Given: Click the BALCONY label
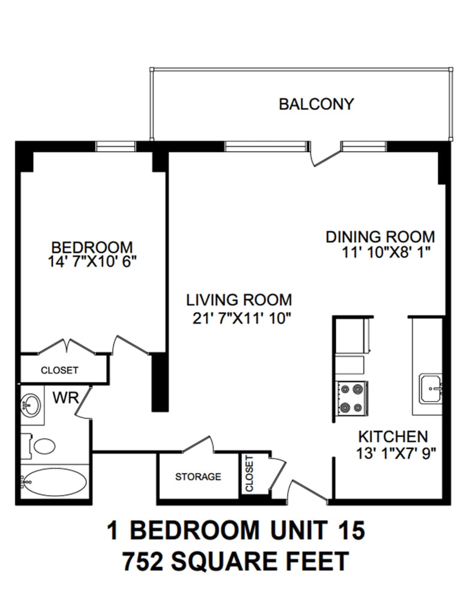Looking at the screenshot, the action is tap(316, 104).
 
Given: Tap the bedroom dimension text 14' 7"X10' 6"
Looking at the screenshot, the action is tap(92, 262).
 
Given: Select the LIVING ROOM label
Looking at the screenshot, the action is tap(239, 300).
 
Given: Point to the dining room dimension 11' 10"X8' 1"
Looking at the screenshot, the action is tap(386, 252).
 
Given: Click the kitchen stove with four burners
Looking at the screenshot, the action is tap(351, 398).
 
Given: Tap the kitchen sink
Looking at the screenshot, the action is tap(431, 388).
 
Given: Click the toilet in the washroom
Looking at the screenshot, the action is tap(39, 445).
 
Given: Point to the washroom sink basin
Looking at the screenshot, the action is tap(30, 404).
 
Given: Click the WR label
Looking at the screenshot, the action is tap(66, 397).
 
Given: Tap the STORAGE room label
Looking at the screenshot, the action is tap(198, 477).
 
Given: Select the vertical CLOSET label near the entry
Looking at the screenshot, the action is tap(249, 474).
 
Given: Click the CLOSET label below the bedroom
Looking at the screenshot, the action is tap(59, 370).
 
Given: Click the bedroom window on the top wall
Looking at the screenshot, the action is tap(115, 146).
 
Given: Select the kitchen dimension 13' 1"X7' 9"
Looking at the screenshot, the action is tap(396, 453).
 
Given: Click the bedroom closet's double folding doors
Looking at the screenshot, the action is tap(66, 346).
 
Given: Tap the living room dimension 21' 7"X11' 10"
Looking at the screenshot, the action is tap(241, 318).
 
